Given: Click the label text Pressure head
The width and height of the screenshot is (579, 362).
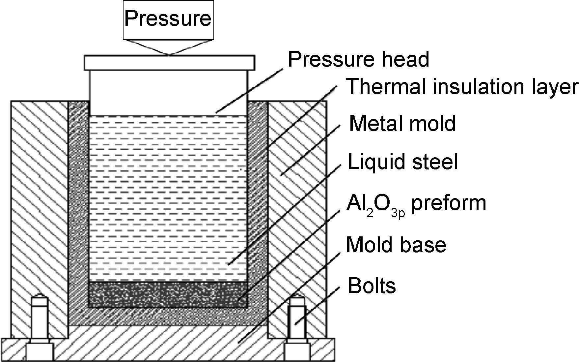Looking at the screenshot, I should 358,59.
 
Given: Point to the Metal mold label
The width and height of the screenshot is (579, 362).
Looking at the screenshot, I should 402,123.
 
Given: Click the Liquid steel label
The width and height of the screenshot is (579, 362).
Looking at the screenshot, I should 403,162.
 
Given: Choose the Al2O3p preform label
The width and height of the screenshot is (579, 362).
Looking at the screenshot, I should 416,204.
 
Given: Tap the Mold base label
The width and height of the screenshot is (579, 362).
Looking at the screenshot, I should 396,245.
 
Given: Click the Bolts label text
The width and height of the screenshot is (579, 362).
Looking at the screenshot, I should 372,286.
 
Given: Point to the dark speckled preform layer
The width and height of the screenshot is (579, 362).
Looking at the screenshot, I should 168,294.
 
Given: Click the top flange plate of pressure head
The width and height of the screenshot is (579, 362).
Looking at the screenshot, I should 169,63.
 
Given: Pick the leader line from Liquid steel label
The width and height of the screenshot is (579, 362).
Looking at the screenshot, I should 283,214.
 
